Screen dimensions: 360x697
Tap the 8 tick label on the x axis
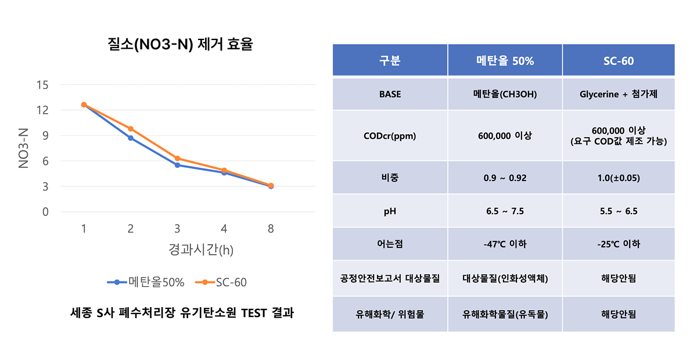[x=271, y=229]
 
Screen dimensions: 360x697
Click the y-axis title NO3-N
[x=24, y=149]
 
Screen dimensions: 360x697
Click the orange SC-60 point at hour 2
[x=131, y=129]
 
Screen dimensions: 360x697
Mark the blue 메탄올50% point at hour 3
[x=177, y=165]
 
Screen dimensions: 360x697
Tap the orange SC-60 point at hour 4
[x=224, y=171]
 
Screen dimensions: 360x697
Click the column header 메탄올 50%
[x=505, y=60]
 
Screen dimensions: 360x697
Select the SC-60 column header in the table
[x=619, y=60]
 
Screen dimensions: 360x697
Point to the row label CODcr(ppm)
[x=390, y=136]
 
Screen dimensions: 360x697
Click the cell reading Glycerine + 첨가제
[x=619, y=93]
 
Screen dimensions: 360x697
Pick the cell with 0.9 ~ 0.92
[x=505, y=178]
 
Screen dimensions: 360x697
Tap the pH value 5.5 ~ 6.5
[x=619, y=211]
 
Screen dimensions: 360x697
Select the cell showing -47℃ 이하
[x=505, y=244]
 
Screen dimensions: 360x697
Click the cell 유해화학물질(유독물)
[x=505, y=314]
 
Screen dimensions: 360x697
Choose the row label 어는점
[x=390, y=244]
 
